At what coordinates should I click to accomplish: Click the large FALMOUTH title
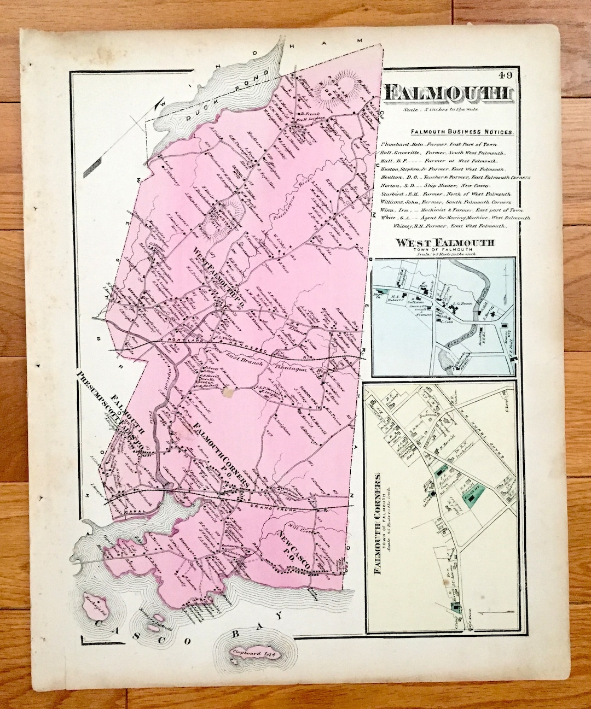(449, 94)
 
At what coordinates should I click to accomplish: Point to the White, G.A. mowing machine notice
(449, 217)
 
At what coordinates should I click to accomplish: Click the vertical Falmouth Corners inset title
(377, 525)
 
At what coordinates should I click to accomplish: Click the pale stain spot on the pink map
(227, 392)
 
